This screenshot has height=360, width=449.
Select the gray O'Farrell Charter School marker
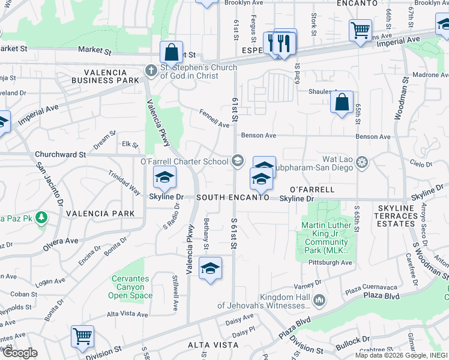[x=238, y=160]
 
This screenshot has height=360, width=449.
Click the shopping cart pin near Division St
[x=82, y=335]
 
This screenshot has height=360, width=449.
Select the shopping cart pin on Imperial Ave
[x=360, y=29]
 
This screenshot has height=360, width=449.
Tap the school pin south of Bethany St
[x=210, y=269]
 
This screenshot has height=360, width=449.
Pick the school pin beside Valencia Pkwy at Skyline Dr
[x=164, y=178]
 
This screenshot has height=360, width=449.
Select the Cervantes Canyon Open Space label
[x=132, y=287]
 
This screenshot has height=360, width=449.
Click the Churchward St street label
[x=60, y=154]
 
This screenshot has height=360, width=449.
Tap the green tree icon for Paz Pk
[x=41, y=217]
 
